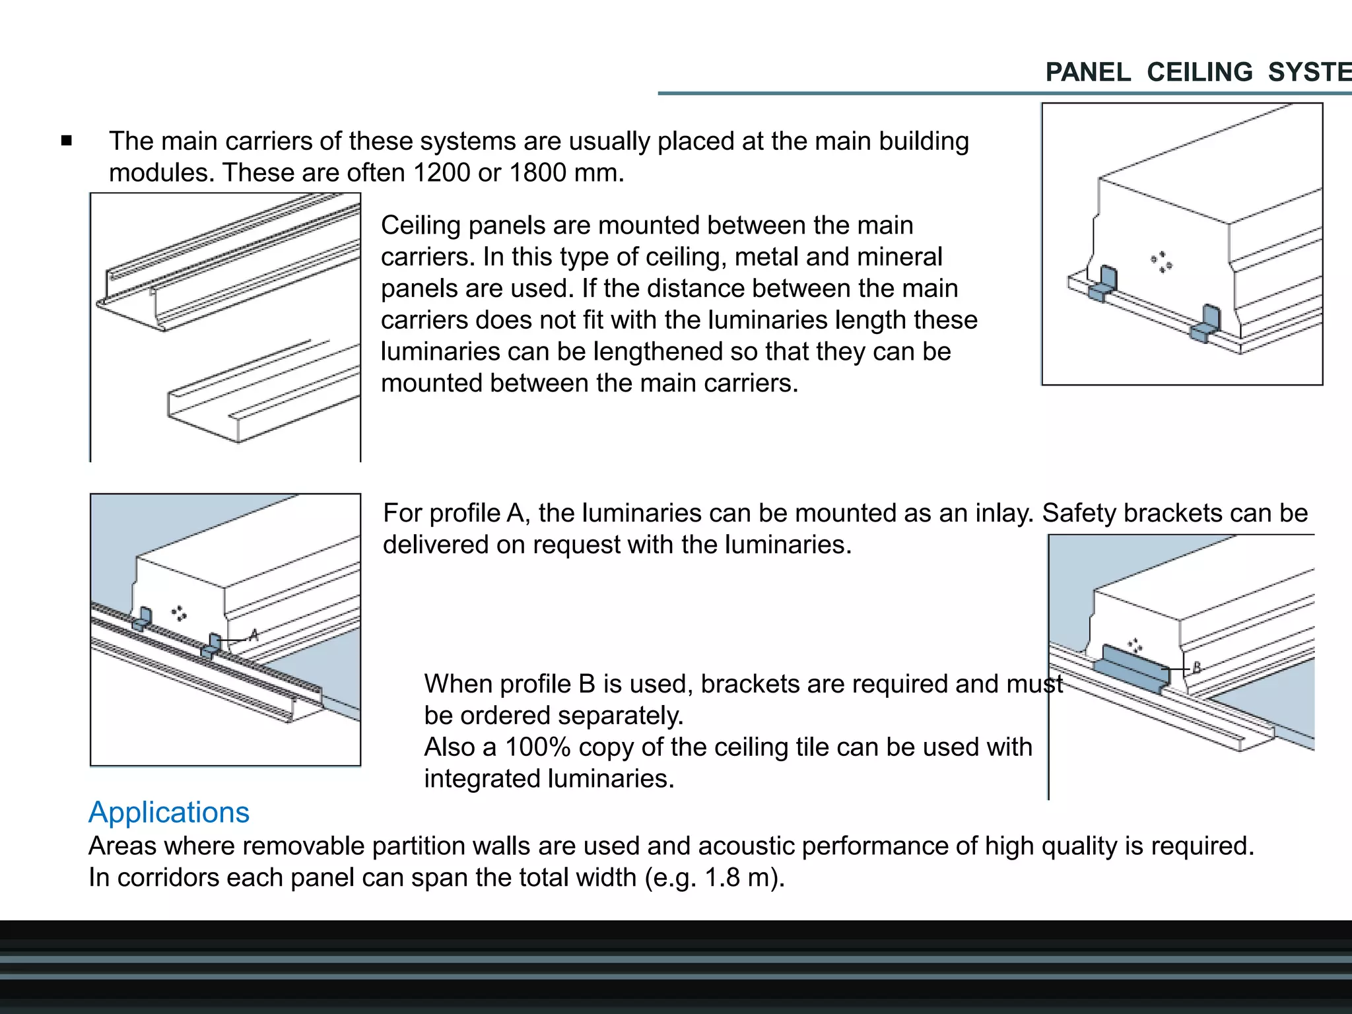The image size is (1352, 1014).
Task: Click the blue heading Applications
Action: click(x=169, y=813)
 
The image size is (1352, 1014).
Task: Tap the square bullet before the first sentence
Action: click(x=66, y=141)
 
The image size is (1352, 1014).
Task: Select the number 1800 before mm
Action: click(x=538, y=173)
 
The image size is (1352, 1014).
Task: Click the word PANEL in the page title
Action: click(x=1088, y=73)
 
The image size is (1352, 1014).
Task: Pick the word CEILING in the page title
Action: click(x=1200, y=73)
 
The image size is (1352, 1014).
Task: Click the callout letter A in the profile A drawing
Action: click(x=253, y=636)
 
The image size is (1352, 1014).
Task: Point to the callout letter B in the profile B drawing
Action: click(x=1196, y=667)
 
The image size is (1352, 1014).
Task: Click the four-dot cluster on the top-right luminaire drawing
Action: click(x=1162, y=261)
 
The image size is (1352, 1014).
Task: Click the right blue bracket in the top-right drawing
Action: click(x=1206, y=324)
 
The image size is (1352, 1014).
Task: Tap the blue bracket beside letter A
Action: click(x=213, y=645)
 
